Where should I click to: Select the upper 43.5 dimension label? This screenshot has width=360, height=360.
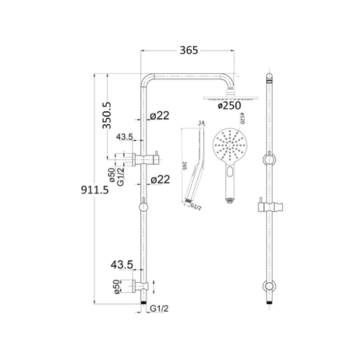coord(126,137)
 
